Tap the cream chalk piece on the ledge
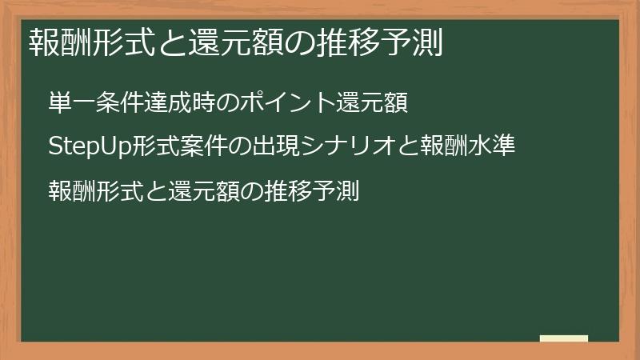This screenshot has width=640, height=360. click(564, 338)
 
